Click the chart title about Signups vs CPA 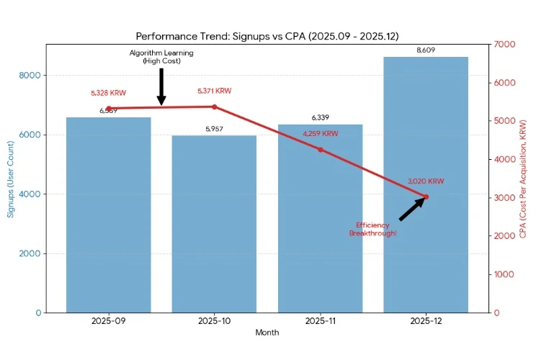tap(267, 36)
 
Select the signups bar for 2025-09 tap(109, 216)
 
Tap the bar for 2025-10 tap(214, 223)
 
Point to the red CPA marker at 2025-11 tap(321, 150)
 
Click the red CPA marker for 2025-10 tap(215, 107)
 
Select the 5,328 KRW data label tap(109, 94)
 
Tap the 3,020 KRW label tap(426, 181)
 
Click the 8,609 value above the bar tap(426, 50)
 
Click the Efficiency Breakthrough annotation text tap(372, 230)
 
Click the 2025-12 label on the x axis tap(426, 322)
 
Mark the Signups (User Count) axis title tap(11, 179)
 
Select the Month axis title tap(267, 333)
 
